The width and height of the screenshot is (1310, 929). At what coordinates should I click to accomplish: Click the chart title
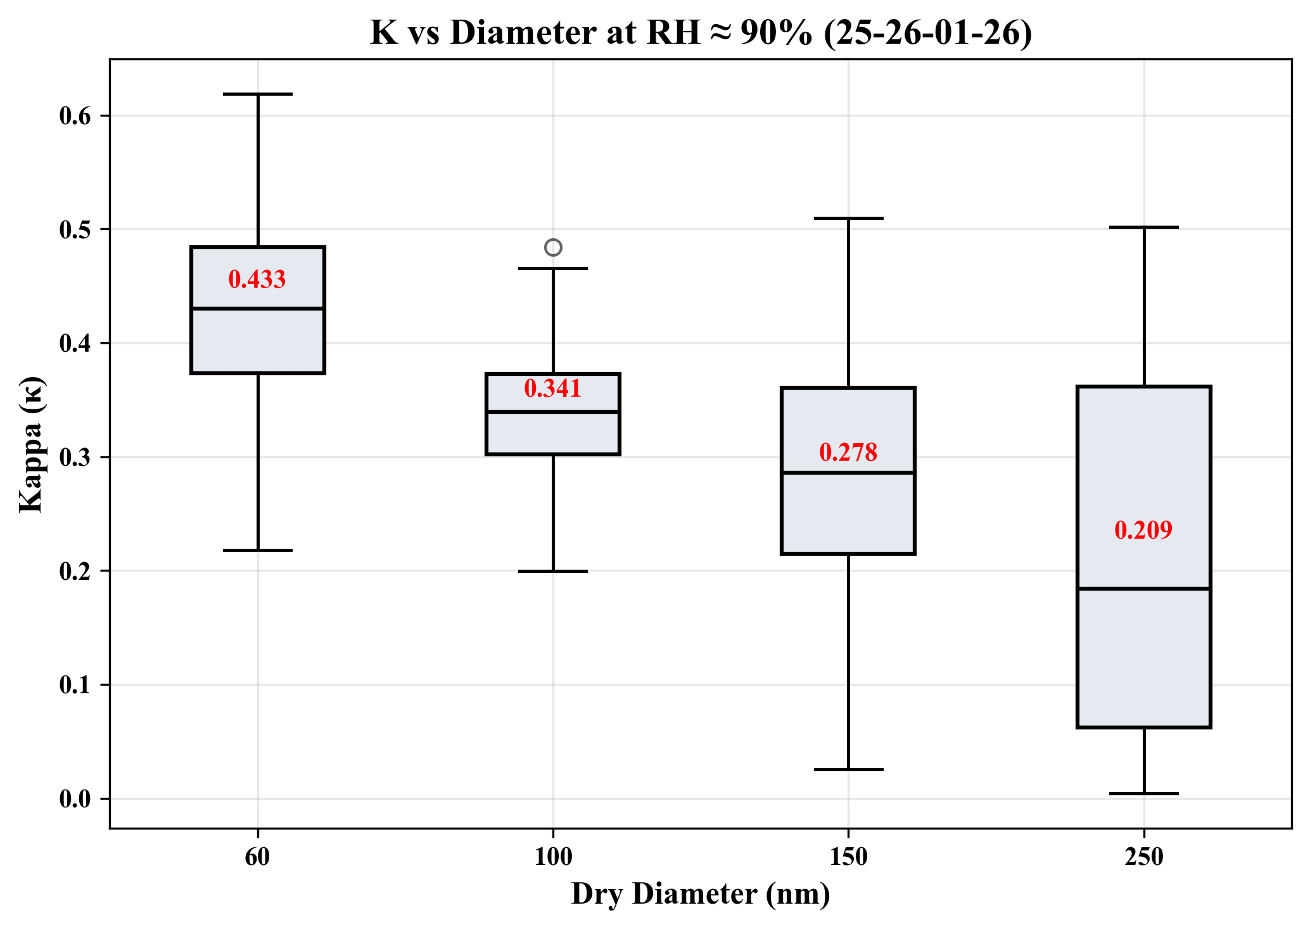(701, 33)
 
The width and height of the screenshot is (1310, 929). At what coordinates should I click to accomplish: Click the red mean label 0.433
(257, 279)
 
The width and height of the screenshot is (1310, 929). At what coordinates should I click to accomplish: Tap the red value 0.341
(552, 388)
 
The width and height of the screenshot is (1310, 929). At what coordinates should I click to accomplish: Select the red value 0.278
(848, 452)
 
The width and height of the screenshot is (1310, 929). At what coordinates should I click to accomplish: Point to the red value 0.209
(1143, 530)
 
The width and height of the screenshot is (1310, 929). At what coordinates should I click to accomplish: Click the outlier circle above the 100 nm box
(553, 247)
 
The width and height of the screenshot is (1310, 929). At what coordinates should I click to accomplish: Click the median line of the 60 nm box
(258, 309)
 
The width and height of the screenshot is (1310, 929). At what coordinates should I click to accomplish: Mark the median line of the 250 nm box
(1144, 589)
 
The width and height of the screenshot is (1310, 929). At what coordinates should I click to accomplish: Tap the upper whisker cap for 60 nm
(258, 94)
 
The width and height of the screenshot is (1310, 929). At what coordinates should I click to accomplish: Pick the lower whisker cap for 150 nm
(848, 769)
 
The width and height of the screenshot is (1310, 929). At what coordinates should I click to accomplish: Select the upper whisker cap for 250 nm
(1144, 227)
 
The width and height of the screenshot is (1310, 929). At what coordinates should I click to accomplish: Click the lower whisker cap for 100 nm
(553, 571)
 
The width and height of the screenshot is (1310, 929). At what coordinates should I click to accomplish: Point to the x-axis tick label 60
(257, 857)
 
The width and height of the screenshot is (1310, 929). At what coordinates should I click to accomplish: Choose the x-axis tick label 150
(848, 857)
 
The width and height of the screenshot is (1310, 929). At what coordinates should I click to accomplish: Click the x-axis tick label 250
(1144, 857)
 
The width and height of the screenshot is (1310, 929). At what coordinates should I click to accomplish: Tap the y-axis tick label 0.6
(75, 116)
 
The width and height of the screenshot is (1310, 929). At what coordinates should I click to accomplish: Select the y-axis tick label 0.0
(75, 799)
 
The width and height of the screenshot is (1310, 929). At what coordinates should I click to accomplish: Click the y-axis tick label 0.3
(75, 458)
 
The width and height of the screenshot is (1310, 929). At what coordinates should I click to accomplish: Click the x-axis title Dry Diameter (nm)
(701, 894)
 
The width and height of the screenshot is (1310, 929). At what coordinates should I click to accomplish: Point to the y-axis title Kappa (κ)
(30, 444)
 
